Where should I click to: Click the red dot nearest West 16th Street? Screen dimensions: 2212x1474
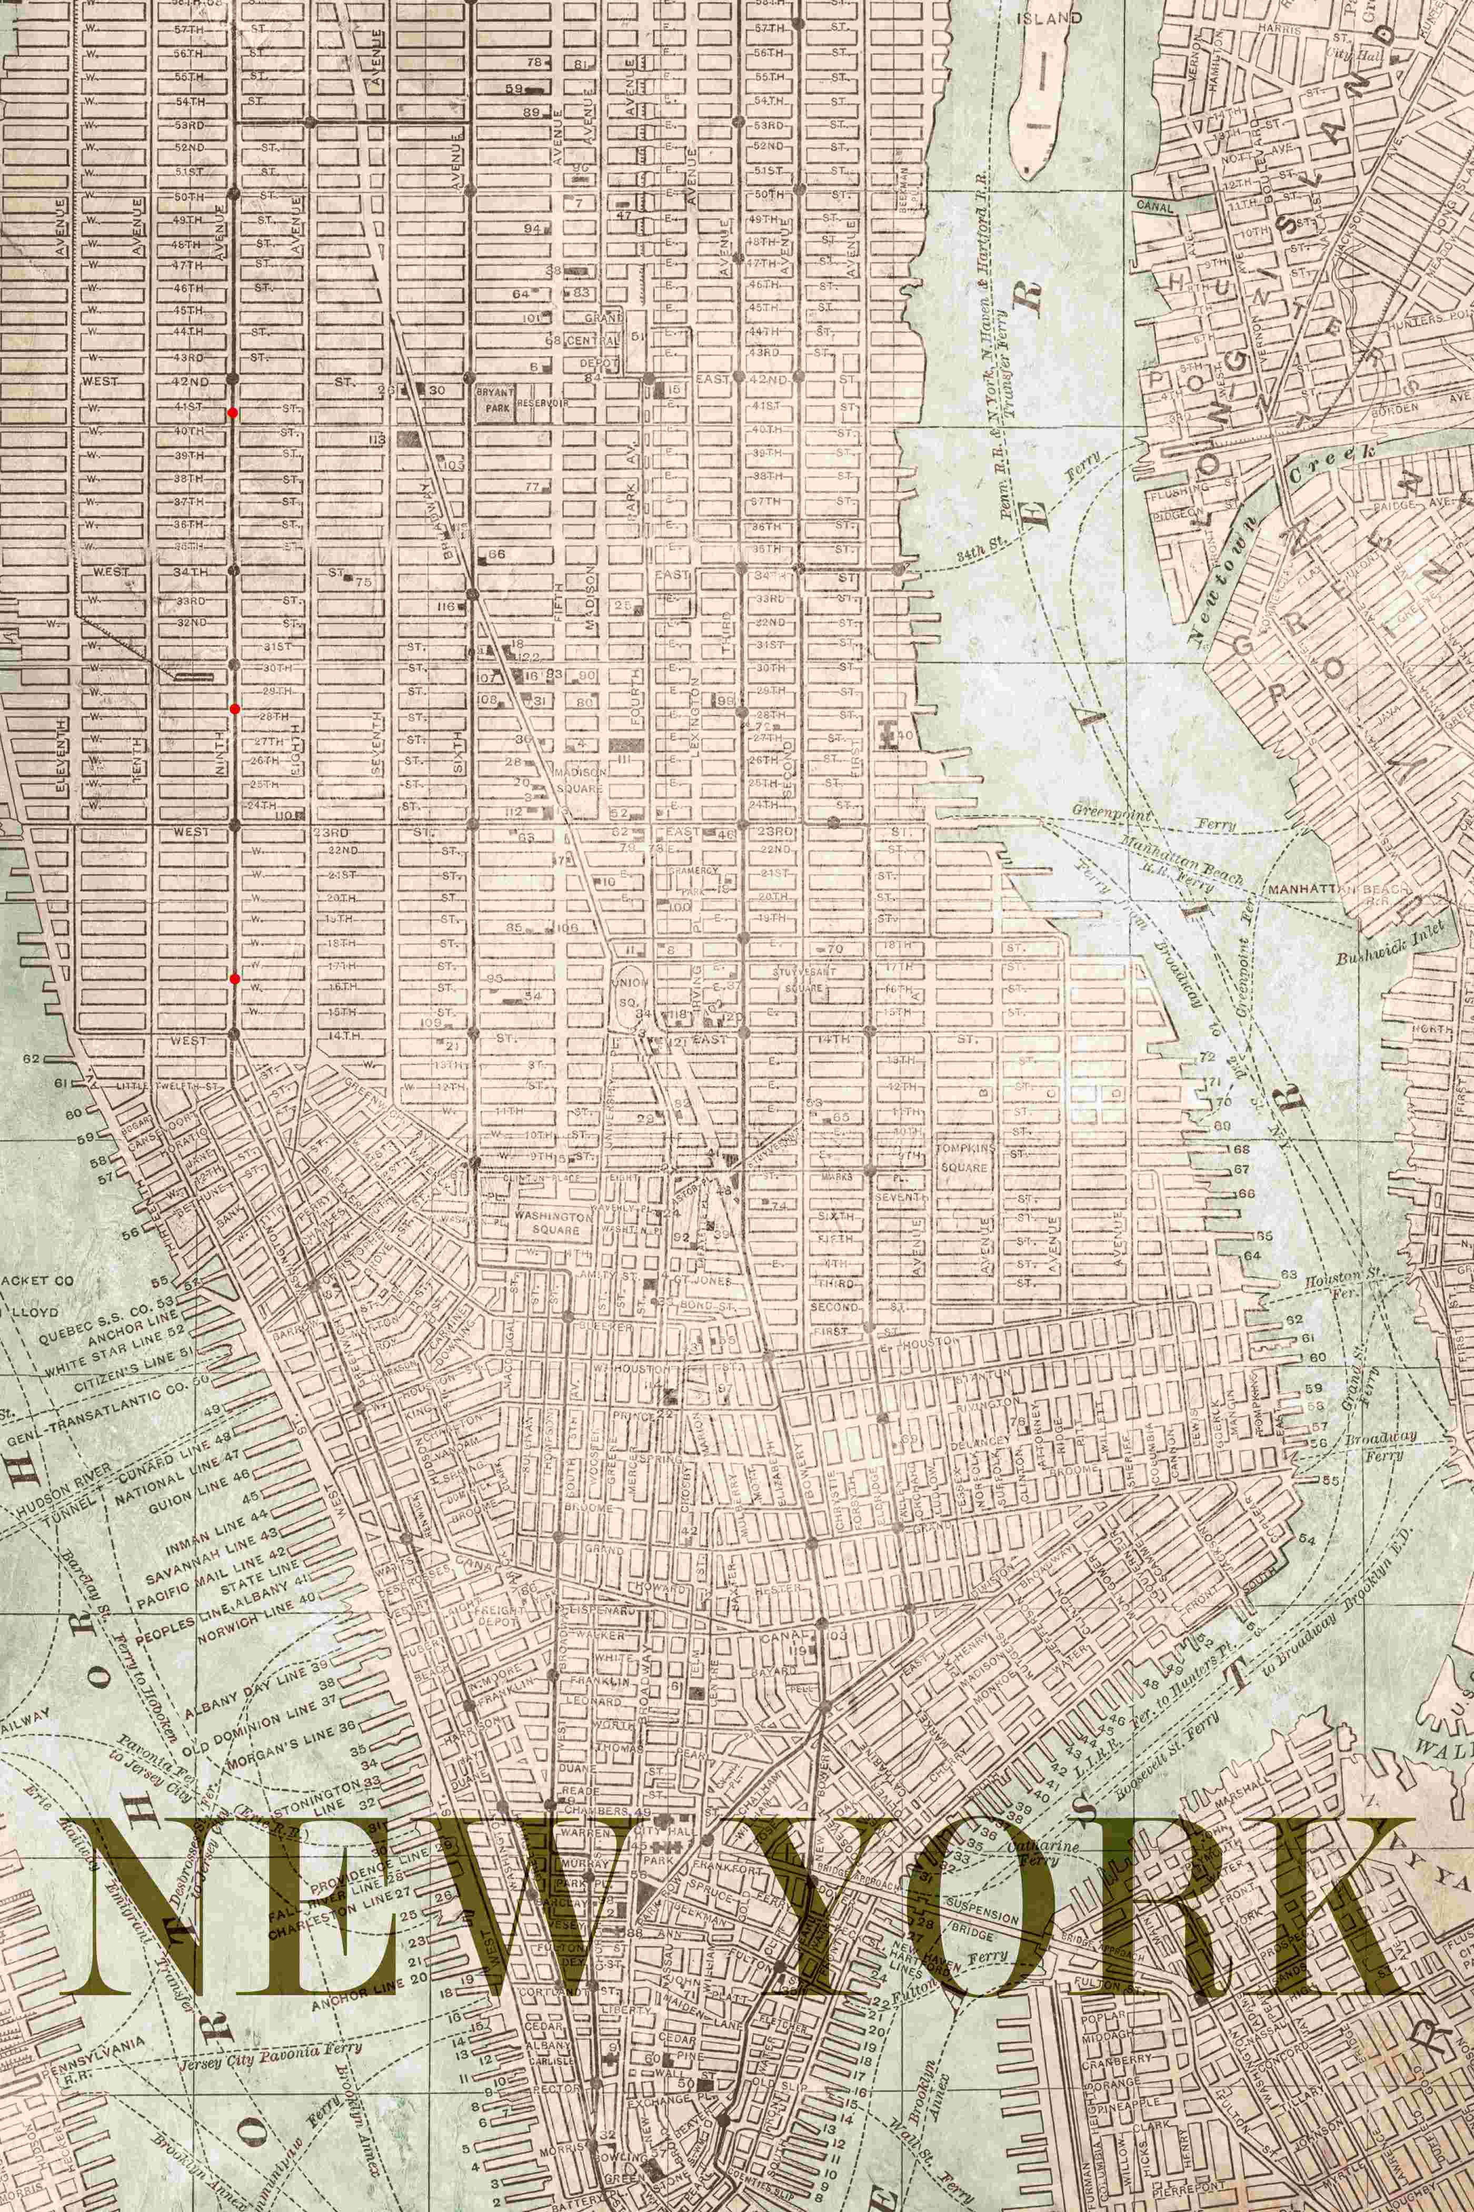point(234,979)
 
